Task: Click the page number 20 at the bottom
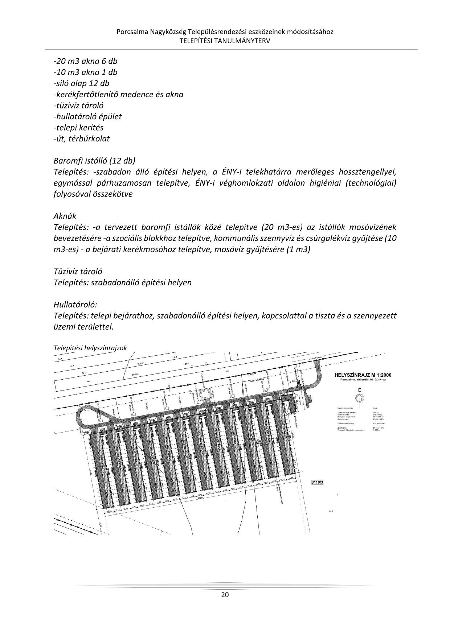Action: click(x=225, y=595)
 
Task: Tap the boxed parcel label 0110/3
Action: click(x=317, y=482)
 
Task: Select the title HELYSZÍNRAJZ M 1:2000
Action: click(x=363, y=375)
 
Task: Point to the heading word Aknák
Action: click(x=65, y=216)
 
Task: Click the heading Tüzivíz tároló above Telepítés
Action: click(x=78, y=272)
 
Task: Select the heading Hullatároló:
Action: click(x=75, y=305)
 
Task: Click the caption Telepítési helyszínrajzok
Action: click(x=90, y=348)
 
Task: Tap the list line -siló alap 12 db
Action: click(x=82, y=83)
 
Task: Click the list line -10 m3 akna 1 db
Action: click(x=86, y=72)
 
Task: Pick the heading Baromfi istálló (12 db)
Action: click(x=94, y=161)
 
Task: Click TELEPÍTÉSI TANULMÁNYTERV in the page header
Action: click(x=225, y=41)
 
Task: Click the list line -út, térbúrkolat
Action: click(x=82, y=139)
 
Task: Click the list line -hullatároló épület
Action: click(x=88, y=116)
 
